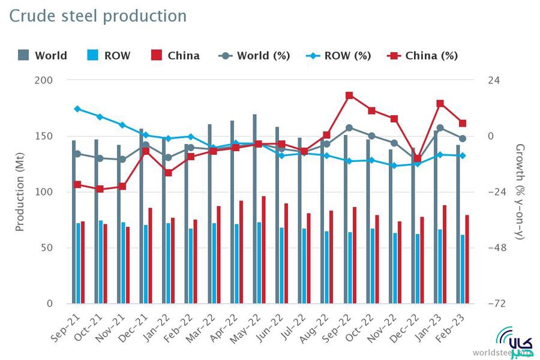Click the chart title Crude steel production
pos(98,16)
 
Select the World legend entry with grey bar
pos(43,56)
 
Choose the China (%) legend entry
pos(424,56)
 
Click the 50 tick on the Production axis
pos(47,248)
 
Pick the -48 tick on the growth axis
pos(494,248)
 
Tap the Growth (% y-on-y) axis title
pos(520,192)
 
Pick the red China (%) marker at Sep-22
pos(349,95)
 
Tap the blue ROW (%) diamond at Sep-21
pos(77,109)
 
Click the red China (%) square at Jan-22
pos(168,173)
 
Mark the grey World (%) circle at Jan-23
pos(440,128)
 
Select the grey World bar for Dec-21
pos(142,216)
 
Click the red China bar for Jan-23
pos(445,254)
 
